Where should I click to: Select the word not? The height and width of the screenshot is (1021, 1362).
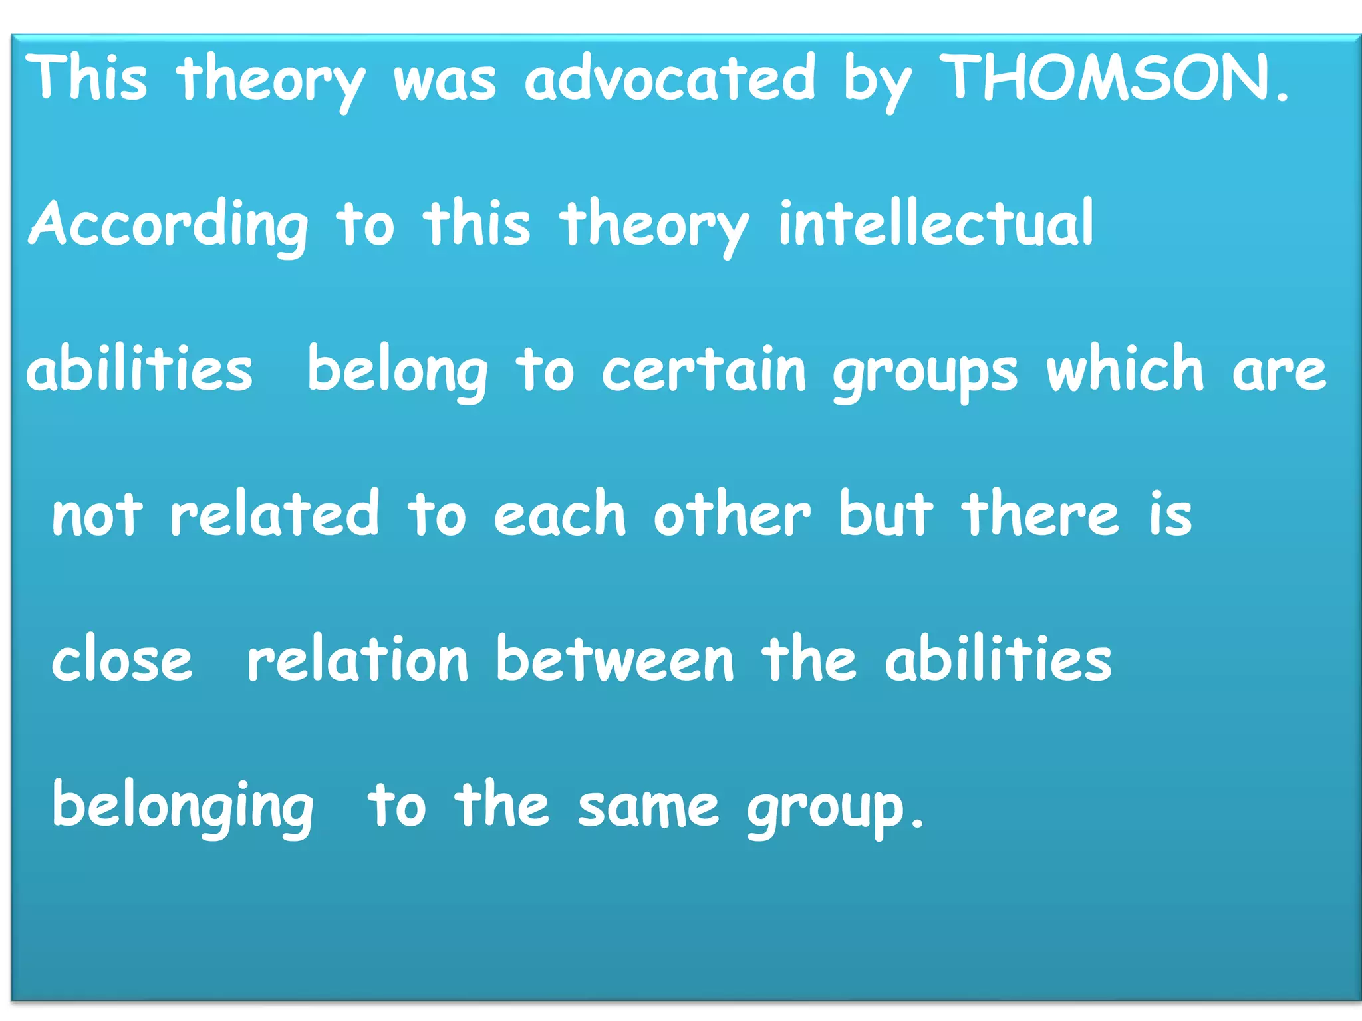click(x=97, y=514)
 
